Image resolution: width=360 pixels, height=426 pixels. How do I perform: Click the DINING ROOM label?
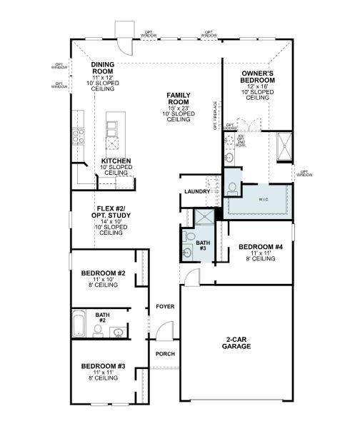(x=102, y=68)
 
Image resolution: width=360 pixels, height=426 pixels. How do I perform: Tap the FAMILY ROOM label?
(x=179, y=98)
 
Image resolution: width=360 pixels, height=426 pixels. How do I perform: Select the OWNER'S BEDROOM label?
(x=257, y=76)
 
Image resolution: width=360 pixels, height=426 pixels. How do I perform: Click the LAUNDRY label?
(x=196, y=192)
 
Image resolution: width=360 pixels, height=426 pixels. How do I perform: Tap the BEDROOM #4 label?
(x=261, y=247)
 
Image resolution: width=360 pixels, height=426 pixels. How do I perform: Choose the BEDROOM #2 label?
(x=104, y=273)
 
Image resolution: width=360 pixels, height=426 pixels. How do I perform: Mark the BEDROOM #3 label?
(x=104, y=366)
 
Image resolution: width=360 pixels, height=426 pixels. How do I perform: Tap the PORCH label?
(x=165, y=355)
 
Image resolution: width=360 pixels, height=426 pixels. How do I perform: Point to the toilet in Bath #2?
(x=97, y=330)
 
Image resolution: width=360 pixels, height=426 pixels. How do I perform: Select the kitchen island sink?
(x=112, y=129)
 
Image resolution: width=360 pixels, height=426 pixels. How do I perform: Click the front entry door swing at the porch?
(x=164, y=332)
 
